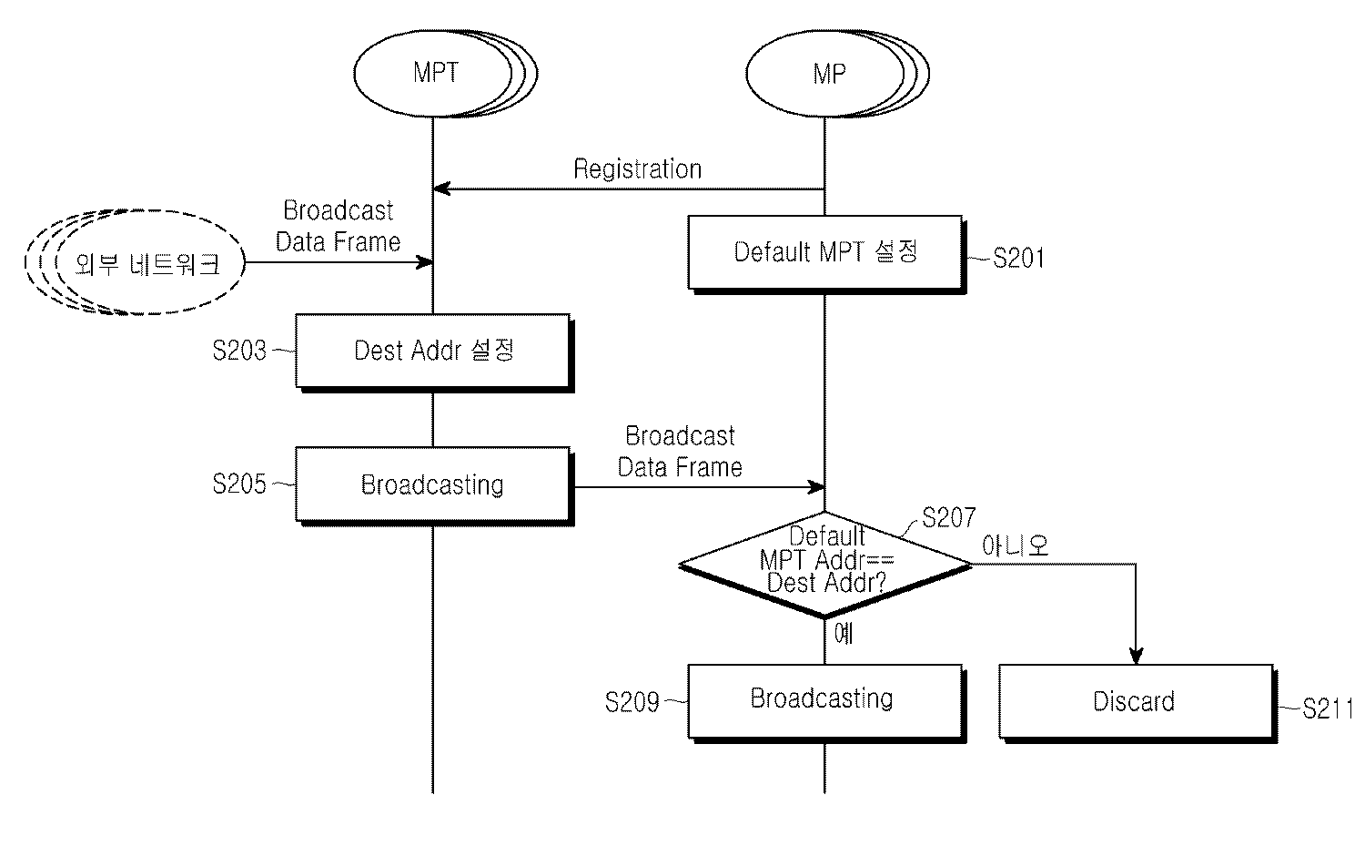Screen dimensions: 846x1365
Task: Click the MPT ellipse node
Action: pyautogui.click(x=435, y=73)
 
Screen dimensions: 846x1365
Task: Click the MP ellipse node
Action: pyautogui.click(x=827, y=73)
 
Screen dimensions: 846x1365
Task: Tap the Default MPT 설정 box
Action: pyautogui.click(x=825, y=252)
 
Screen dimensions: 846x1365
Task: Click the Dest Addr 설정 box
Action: pyautogui.click(x=433, y=351)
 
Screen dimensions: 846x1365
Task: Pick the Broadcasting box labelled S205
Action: pyautogui.click(x=433, y=484)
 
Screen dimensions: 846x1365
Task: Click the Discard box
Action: pyautogui.click(x=1135, y=701)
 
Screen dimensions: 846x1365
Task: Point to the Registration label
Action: pyautogui.click(x=637, y=169)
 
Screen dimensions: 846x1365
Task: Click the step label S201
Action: pyautogui.click(x=1019, y=259)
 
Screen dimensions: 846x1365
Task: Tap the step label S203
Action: pyautogui.click(x=239, y=351)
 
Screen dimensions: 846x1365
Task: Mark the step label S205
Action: pyautogui.click(x=239, y=484)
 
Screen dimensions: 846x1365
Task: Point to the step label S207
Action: pyautogui.click(x=948, y=518)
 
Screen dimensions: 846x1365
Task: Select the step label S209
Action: pyautogui.click(x=632, y=702)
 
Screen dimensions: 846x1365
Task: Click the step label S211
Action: pyautogui.click(x=1327, y=708)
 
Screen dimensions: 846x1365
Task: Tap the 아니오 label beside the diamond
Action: pyautogui.click(x=1016, y=546)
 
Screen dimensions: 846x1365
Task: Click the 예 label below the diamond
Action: pyautogui.click(x=844, y=634)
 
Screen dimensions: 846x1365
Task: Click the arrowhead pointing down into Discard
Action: pyautogui.click(x=1136, y=656)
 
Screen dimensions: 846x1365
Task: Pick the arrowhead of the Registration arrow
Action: pyautogui.click(x=440, y=189)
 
